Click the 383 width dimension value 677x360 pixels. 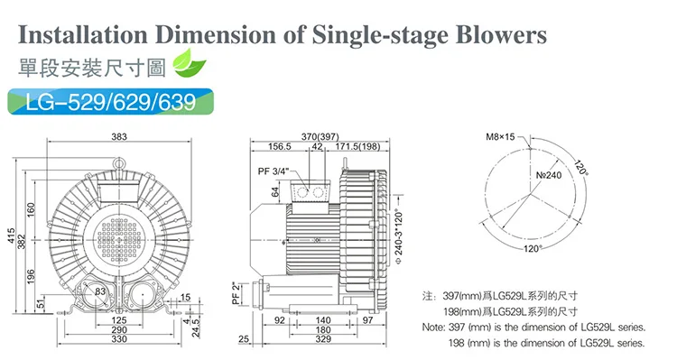119,136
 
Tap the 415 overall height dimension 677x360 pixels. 11,235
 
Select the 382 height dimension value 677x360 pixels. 22,241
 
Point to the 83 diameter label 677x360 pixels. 100,291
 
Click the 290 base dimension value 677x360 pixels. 119,329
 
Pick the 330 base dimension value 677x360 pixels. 119,339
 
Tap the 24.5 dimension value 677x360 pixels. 196,328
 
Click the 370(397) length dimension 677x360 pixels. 320,136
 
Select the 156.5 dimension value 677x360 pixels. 279,146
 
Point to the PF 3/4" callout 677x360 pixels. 273,171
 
